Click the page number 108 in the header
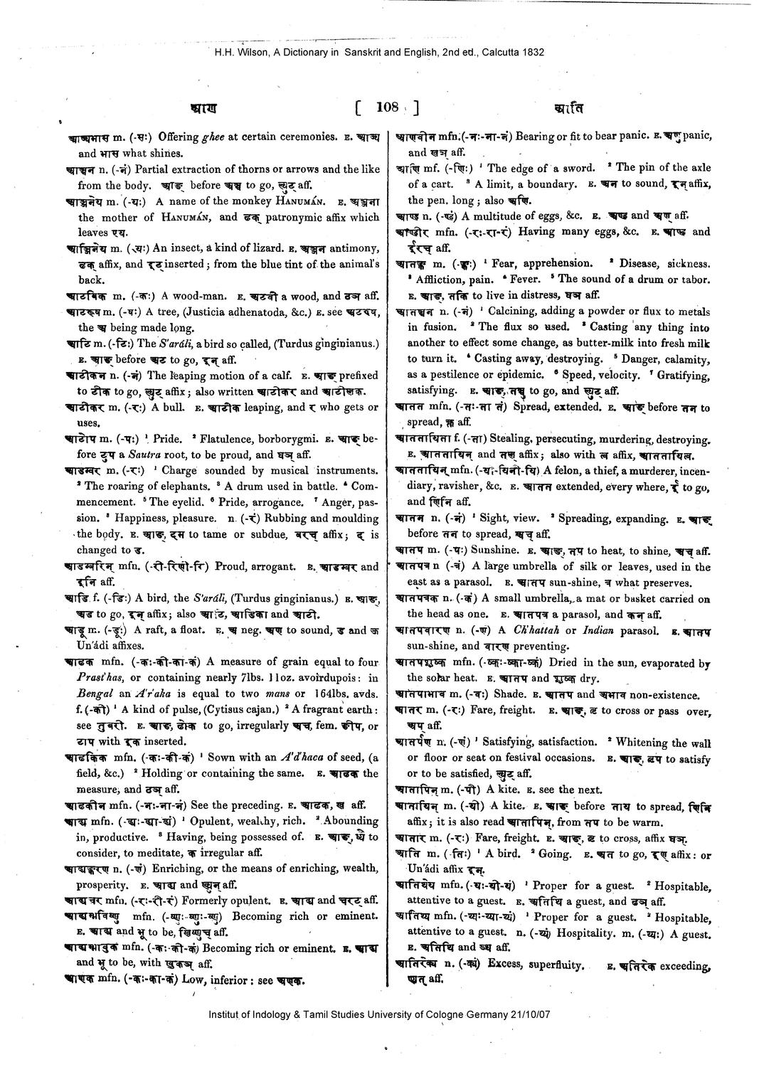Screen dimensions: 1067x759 [387, 107]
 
